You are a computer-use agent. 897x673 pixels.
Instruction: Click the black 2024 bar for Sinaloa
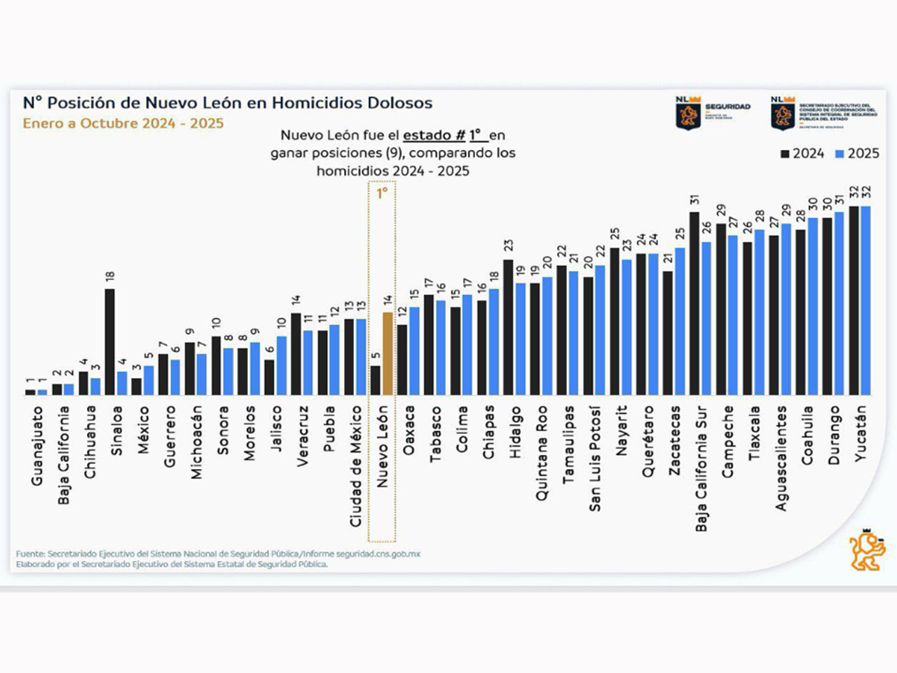click(x=110, y=342)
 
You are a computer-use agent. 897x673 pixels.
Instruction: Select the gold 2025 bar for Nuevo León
click(x=388, y=354)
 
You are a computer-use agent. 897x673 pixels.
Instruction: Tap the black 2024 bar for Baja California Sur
click(x=694, y=304)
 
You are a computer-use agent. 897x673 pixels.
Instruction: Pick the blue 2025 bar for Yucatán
click(x=865, y=301)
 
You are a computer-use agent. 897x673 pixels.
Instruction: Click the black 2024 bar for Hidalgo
click(x=508, y=327)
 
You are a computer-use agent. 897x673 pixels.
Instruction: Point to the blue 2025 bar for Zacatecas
click(x=680, y=321)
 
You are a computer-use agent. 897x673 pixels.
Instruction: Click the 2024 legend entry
click(x=803, y=154)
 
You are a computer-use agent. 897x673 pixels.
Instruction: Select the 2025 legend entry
click(x=857, y=154)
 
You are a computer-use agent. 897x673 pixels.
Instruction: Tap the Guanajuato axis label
click(x=37, y=446)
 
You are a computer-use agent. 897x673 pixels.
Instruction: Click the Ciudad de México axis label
click(x=355, y=466)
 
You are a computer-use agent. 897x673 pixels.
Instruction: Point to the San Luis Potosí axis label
click(x=595, y=458)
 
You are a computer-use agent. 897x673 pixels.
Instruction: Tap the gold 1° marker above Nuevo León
click(x=382, y=193)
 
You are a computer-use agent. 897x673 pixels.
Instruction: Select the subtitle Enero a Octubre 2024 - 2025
click(x=123, y=123)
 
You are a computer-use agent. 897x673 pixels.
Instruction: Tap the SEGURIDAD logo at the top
click(x=713, y=112)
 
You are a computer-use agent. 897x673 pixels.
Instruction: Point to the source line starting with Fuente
click(x=218, y=554)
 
